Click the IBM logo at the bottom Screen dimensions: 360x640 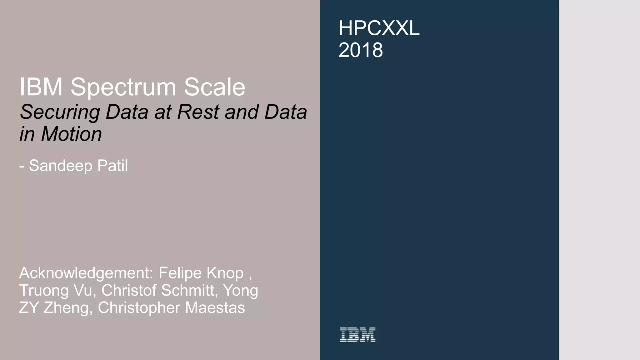(357, 335)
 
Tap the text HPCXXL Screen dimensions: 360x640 (379, 28)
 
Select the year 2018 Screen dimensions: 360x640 (361, 50)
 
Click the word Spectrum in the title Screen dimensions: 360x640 (123, 87)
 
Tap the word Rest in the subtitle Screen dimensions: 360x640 (199, 112)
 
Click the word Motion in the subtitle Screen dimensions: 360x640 (72, 134)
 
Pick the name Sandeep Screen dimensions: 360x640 (61, 166)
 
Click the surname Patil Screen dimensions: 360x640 (112, 165)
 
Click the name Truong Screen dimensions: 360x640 (44, 291)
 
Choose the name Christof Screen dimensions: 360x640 (128, 290)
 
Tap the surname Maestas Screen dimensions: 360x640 (215, 307)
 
